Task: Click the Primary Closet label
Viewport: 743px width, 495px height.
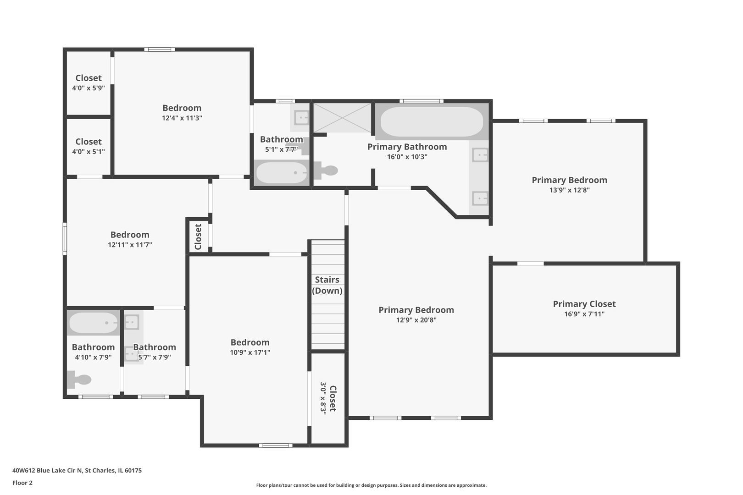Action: click(584, 304)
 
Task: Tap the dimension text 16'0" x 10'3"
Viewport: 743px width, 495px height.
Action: click(407, 157)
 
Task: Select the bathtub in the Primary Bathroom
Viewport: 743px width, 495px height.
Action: click(432, 122)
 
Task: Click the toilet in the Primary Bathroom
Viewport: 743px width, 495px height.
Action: click(327, 170)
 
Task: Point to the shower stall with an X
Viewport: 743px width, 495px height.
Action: click(342, 118)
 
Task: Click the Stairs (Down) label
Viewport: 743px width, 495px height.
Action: click(327, 285)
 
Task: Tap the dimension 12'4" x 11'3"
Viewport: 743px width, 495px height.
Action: click(182, 118)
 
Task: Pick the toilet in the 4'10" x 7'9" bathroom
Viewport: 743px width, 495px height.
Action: click(80, 379)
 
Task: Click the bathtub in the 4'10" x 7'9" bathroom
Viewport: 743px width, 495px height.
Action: click(94, 323)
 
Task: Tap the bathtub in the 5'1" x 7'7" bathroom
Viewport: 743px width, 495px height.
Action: click(281, 173)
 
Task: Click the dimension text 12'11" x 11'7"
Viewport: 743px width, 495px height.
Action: click(130, 245)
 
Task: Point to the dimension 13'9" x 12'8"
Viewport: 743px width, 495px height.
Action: click(569, 190)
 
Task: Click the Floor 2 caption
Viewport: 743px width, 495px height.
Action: click(22, 483)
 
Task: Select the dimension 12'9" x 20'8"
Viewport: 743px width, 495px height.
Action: click(416, 320)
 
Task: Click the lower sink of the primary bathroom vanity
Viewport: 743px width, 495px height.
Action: click(480, 198)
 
